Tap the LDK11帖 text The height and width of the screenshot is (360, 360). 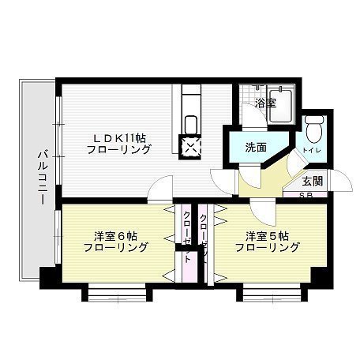pyautogui.click(x=118, y=136)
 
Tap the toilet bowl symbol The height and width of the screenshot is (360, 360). pyautogui.click(x=315, y=126)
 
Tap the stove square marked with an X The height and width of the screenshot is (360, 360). pyautogui.click(x=192, y=146)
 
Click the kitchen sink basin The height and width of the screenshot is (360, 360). pyautogui.click(x=190, y=124)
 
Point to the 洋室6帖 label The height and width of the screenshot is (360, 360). pyautogui.click(x=115, y=235)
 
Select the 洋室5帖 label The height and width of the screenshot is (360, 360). pyautogui.click(x=266, y=235)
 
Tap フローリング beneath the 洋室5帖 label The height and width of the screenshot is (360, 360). pyautogui.click(x=267, y=248)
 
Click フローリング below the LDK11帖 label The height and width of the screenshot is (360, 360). pyautogui.click(x=118, y=148)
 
